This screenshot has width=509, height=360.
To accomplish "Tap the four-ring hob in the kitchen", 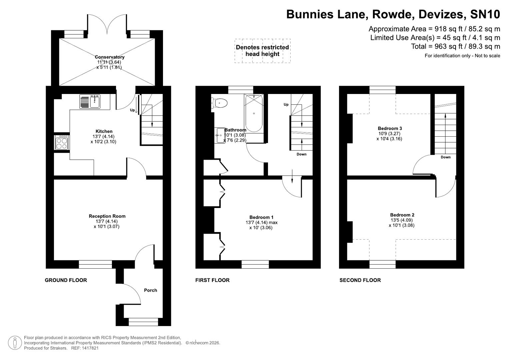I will coord(62,143).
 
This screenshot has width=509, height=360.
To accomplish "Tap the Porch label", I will coord(150,290).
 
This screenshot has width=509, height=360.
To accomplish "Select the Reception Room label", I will coord(107,216).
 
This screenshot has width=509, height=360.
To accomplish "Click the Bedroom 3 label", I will coord(390,128).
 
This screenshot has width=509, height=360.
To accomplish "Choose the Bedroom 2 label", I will coord(402,215).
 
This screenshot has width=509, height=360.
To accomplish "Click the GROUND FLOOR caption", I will coord(66,280).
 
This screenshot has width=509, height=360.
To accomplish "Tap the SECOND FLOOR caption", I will coord(360,280).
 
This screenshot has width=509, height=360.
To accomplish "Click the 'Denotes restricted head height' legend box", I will coord(262,51).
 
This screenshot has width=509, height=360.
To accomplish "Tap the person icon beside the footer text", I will coord(14,343).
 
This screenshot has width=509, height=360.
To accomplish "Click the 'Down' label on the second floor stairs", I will coord(445,157).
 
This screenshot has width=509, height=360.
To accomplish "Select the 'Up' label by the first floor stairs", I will coord(286,105).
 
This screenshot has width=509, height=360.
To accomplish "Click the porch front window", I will coord(143,322).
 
